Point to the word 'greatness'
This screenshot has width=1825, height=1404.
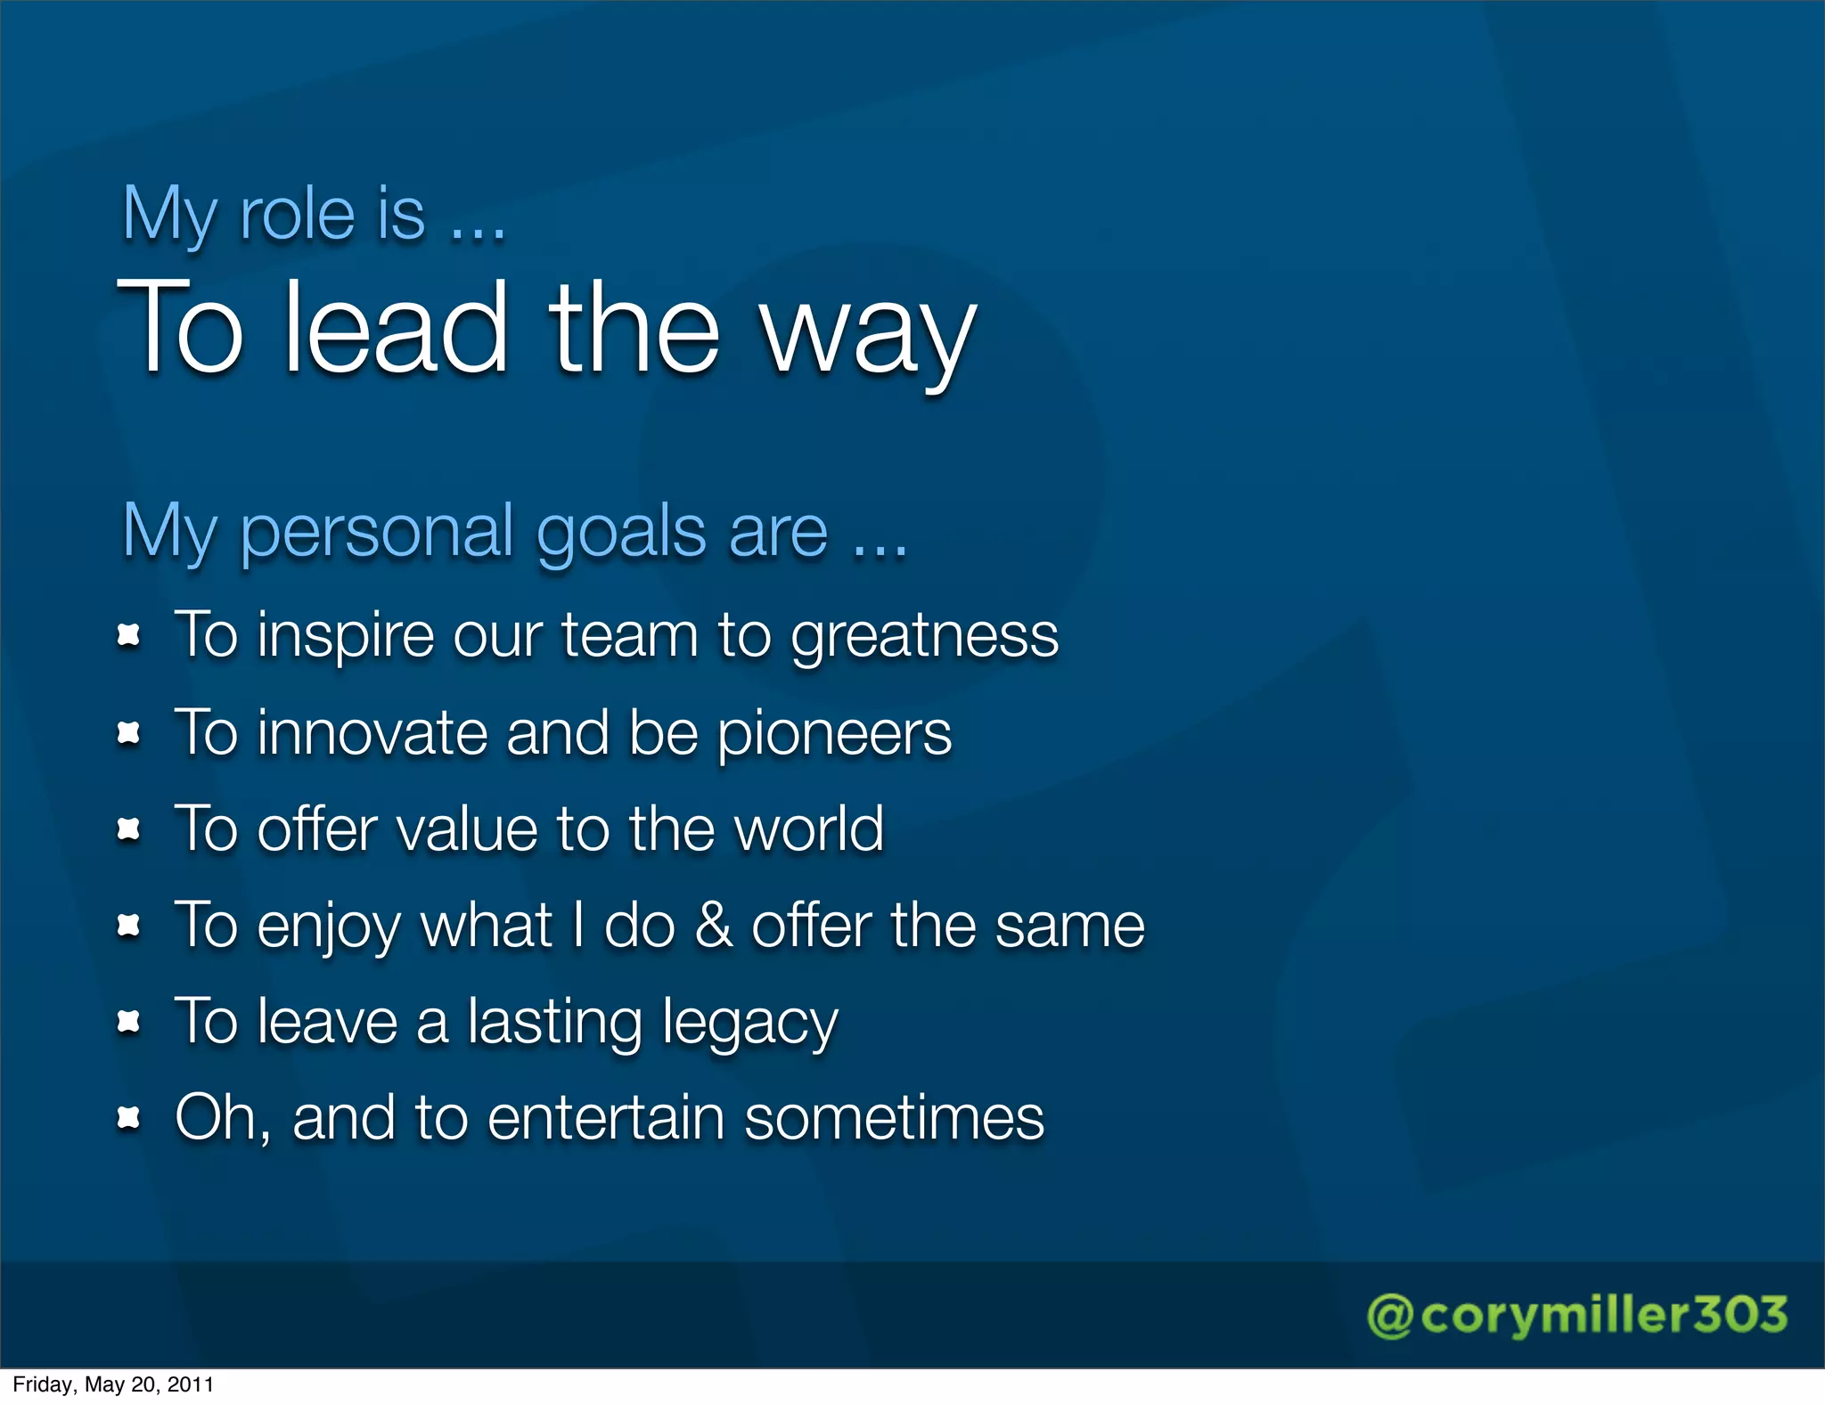[924, 638]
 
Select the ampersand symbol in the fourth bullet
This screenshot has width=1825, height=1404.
[713, 926]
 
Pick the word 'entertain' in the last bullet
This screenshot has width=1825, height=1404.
[605, 1118]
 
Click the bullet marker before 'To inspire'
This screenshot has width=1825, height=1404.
[129, 636]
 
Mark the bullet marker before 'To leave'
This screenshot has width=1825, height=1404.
[129, 1023]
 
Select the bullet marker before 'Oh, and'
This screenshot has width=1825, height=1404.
[129, 1119]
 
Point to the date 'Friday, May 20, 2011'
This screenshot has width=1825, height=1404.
[113, 1384]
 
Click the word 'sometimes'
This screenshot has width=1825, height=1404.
[894, 1118]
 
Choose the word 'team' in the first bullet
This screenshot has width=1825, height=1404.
[629, 636]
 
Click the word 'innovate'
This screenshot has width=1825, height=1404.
[371, 734]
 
